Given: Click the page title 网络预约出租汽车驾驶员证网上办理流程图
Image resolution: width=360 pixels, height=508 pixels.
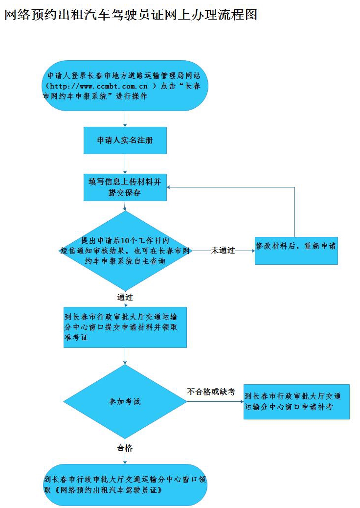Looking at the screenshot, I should coord(131,15).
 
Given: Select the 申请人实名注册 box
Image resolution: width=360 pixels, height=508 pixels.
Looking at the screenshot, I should coord(125,140).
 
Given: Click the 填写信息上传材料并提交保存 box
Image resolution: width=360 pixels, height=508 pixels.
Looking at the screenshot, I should coord(125,187).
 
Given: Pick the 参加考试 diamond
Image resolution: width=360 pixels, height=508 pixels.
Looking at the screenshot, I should coord(125,401).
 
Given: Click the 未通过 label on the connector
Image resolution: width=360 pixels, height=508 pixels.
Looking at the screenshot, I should coord(223,251).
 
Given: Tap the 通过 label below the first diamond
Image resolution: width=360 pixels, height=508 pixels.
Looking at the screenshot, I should coord(125,297).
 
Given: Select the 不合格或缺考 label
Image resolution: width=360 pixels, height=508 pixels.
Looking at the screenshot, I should coord(211,392).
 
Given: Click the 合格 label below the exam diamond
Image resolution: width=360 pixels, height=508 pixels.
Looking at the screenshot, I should coord(125,448).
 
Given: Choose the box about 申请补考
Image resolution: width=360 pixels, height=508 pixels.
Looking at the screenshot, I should coord(296,401).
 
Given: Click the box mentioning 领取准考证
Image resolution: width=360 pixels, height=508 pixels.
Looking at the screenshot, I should coord(125,327).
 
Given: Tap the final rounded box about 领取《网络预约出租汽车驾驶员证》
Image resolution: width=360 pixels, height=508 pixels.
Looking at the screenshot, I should coord(125,485).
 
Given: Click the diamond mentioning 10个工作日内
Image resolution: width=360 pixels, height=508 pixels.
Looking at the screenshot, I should coord(125,251).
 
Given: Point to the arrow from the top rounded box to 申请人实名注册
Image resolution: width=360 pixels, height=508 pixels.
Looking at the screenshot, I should coord(125,119).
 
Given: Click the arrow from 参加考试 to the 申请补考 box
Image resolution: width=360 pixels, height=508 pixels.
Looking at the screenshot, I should coord(215,402).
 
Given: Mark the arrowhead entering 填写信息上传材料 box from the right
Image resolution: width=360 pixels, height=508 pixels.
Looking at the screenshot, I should coord(170,187).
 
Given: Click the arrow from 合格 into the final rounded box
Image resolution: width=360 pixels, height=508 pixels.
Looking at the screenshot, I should coord(125,459).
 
